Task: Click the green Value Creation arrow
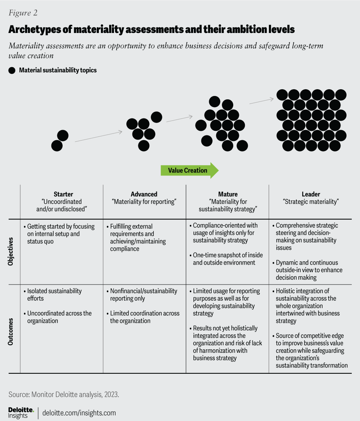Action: pyautogui.click(x=189, y=171)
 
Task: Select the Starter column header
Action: pyautogui.click(x=63, y=194)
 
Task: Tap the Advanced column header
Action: pyautogui.click(x=144, y=194)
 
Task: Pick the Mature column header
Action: pyautogui.click(x=228, y=194)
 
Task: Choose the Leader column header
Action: pyautogui.click(x=311, y=194)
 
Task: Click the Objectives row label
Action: pyautogui.click(x=10, y=251)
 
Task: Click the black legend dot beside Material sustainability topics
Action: pyautogui.click(x=12, y=70)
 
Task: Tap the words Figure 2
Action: pyautogui.click(x=23, y=13)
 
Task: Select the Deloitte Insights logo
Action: pyautogui.click(x=21, y=412)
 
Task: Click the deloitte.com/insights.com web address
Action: pyautogui.click(x=79, y=413)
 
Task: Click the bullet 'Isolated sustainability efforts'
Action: pyautogui.click(x=54, y=295)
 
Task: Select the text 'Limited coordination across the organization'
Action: pyautogui.click(x=145, y=317)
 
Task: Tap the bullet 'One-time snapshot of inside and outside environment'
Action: pyautogui.click(x=224, y=259)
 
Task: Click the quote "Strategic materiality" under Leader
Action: pyautogui.click(x=311, y=202)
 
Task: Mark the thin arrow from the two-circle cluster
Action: pyautogui.click(x=99, y=136)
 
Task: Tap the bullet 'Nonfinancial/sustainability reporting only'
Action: pyautogui.click(x=144, y=295)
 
